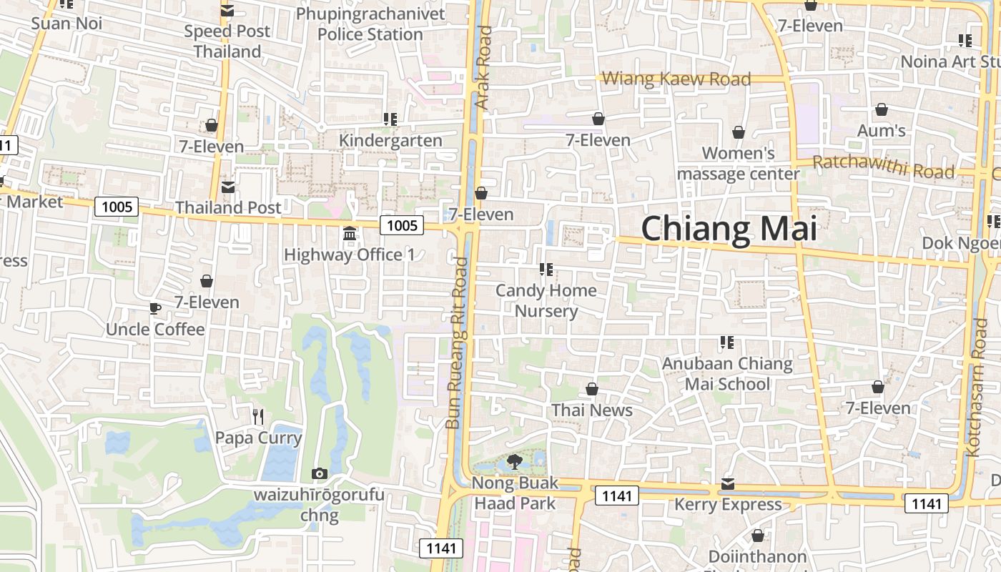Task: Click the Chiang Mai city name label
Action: click(729, 229)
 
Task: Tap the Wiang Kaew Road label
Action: click(676, 79)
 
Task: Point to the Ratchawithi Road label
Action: click(884, 167)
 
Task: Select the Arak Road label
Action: click(484, 68)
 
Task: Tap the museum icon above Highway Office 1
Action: click(350, 234)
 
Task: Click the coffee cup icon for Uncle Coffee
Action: click(155, 309)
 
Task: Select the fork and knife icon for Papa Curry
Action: click(259, 417)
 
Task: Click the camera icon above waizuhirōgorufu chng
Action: click(320, 473)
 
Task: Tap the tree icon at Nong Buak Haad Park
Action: click(514, 462)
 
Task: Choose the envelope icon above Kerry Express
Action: click(728, 484)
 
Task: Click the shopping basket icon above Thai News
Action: click(592, 389)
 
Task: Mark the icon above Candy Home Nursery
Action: click(546, 270)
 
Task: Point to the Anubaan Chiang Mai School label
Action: click(727, 374)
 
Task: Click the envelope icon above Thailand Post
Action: click(228, 187)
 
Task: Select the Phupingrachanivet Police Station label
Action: click(370, 24)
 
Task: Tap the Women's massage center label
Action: click(739, 163)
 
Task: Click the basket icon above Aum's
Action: click(882, 110)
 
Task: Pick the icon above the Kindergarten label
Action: click(390, 119)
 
